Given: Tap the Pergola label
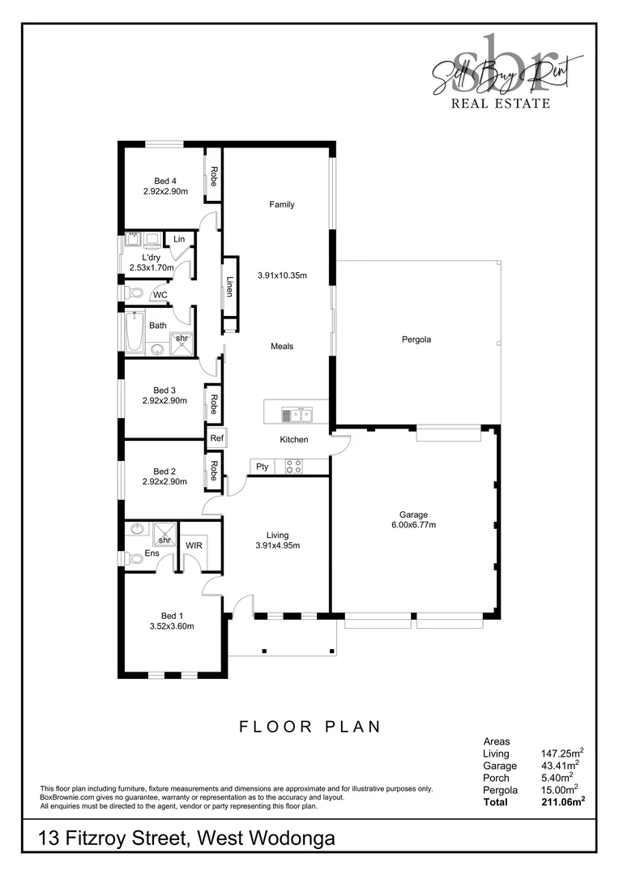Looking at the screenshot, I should (x=416, y=339).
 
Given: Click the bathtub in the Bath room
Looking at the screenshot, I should (x=134, y=334).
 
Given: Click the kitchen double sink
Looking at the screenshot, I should (x=297, y=416).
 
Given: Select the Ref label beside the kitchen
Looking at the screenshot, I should (x=216, y=438).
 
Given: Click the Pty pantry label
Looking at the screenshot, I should (x=262, y=467).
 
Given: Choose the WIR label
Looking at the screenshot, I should (x=194, y=545).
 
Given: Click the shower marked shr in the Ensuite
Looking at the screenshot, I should (x=164, y=540).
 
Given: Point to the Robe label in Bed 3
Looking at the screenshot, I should (x=213, y=404).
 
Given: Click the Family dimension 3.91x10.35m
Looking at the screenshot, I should (x=282, y=275).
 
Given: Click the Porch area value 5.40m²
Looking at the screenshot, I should (x=559, y=778).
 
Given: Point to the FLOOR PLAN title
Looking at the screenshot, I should (x=309, y=727).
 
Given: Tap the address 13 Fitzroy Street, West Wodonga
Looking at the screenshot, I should (x=186, y=839).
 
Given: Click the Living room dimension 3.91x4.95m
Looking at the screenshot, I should (x=277, y=545).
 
